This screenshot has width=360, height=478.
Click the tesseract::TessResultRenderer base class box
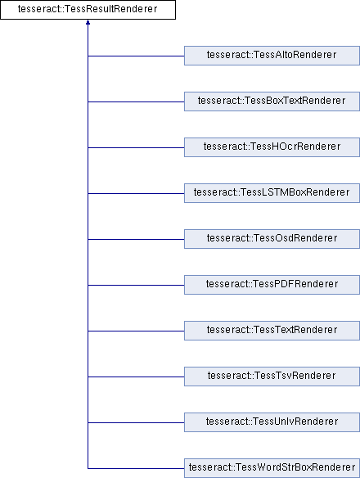(88, 10)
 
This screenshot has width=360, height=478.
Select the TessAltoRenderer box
(272, 56)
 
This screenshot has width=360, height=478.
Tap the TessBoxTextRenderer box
(272, 101)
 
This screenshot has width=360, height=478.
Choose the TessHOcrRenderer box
(272, 147)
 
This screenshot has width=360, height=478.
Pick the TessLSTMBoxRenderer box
(272, 193)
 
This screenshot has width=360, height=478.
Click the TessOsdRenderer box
(272, 239)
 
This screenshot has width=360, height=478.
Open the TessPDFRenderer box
(272, 285)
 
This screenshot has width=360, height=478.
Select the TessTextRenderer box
(272, 331)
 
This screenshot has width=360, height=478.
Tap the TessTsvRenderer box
(272, 377)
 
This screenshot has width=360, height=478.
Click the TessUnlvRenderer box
(272, 422)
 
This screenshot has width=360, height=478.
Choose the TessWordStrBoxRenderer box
(272, 468)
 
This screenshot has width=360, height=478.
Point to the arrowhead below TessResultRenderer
(88, 22)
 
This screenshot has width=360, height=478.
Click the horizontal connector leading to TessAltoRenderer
(136, 56)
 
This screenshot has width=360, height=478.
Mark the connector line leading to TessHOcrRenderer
(136, 147)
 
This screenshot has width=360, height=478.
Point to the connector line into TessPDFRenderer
(136, 285)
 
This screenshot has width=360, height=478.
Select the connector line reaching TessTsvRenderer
(136, 377)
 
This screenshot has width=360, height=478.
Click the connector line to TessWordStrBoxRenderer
(136, 468)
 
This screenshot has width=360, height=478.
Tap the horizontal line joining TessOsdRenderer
(136, 239)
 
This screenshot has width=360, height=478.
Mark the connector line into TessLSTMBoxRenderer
(136, 193)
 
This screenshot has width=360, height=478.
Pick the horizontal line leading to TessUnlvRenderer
(136, 422)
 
